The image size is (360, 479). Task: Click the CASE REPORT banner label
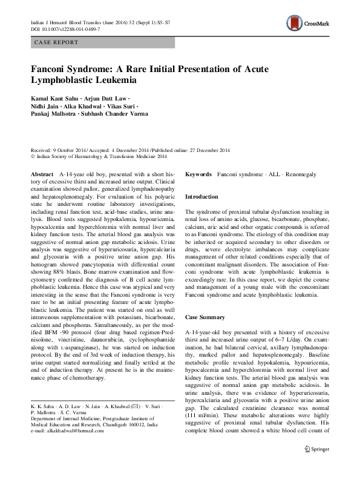tap(56, 42)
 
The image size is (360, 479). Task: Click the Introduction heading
tap(201, 197)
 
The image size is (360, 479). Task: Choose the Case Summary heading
tap(206, 317)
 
